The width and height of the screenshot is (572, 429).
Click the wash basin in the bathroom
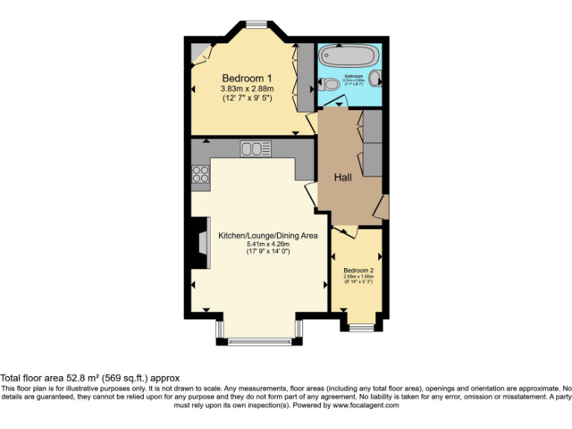point(375,77)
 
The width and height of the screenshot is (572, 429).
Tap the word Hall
point(343,177)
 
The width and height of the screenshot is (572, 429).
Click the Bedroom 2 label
point(357,270)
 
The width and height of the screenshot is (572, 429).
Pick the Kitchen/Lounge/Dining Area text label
point(267,235)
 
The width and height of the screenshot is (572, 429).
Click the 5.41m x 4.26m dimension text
point(267,244)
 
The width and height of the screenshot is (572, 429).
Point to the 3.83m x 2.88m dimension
point(247,89)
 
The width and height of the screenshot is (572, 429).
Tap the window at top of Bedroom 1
point(257,25)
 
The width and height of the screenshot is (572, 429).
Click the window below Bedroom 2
point(362,328)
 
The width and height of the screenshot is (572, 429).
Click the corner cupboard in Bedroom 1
point(200,52)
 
